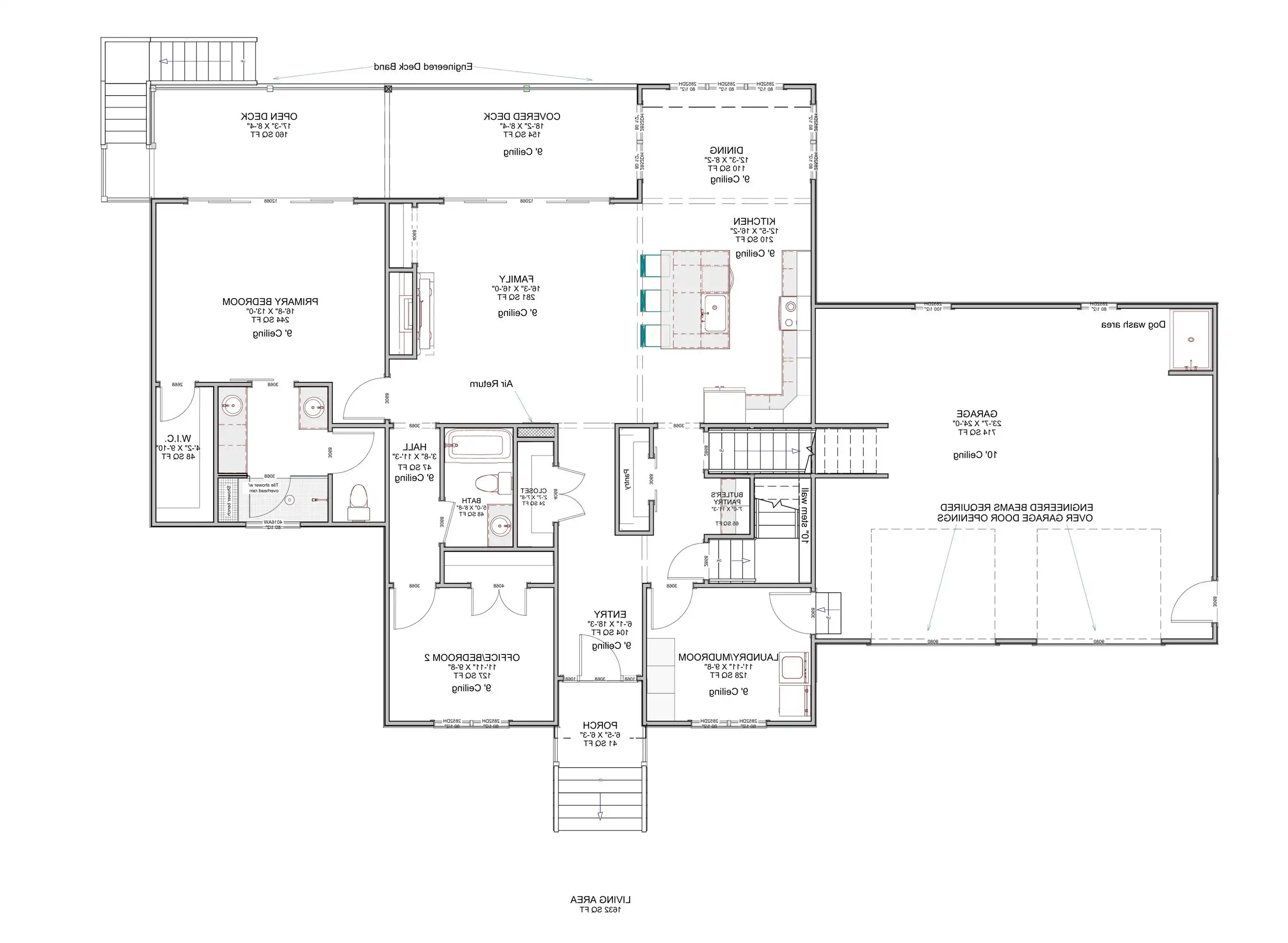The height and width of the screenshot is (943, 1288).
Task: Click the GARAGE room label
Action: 976,414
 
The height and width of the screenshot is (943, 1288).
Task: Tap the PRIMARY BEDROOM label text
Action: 270,301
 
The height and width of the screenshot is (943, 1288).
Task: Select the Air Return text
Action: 491,384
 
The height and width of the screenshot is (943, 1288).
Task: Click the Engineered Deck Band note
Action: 423,67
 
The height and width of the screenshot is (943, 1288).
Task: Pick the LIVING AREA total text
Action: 600,900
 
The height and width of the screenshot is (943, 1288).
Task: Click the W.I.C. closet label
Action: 178,439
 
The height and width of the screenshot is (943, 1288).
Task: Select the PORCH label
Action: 600,726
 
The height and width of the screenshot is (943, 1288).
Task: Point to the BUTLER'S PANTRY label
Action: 727,498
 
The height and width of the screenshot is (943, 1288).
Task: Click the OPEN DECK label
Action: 269,116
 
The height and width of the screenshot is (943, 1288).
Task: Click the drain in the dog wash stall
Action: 1191,339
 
